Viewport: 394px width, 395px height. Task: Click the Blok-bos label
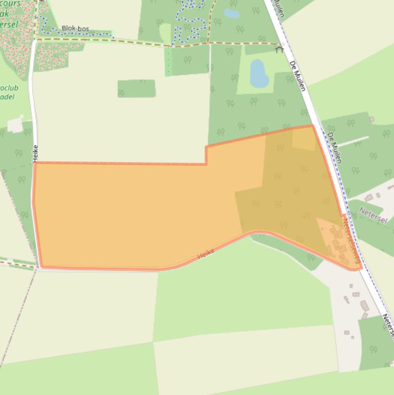tap(75, 29)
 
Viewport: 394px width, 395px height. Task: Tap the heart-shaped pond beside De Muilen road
tap(258, 73)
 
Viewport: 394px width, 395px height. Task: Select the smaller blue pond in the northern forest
tap(232, 14)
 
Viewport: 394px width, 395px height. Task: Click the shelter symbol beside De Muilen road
tap(279, 49)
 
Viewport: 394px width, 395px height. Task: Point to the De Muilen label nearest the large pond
tap(297, 75)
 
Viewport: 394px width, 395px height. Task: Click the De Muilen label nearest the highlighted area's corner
tap(335, 147)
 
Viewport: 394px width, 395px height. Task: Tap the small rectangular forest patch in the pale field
tap(136, 88)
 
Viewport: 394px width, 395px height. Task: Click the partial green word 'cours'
tap(11, 4)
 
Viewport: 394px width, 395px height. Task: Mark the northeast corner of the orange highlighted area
tap(312, 126)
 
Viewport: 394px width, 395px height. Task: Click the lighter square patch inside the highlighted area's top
tap(304, 140)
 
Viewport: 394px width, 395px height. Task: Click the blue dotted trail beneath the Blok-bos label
tap(77, 34)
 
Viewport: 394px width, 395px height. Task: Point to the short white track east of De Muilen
tap(354, 141)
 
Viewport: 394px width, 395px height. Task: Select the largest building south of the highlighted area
tap(365, 306)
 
